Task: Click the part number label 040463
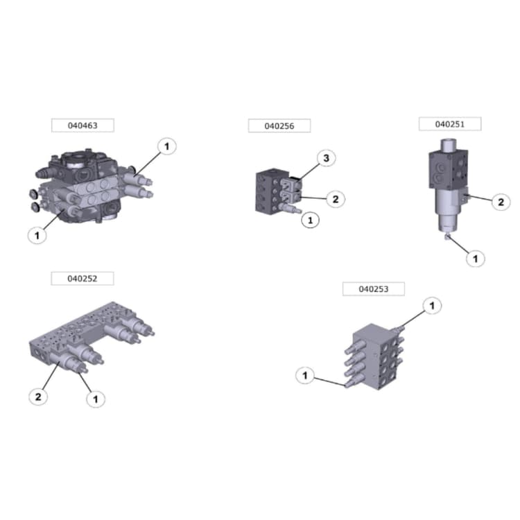click(x=82, y=125)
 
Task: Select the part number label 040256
click(x=279, y=125)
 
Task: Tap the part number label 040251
click(x=449, y=123)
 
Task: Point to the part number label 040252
click(x=82, y=278)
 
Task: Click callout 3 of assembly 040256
click(x=327, y=159)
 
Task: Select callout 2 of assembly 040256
click(x=334, y=199)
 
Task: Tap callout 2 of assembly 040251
click(x=500, y=202)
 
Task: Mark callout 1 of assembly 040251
click(x=475, y=259)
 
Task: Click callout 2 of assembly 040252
click(x=39, y=397)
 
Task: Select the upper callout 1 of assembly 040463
click(x=166, y=146)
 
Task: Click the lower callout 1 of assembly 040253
click(x=304, y=375)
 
